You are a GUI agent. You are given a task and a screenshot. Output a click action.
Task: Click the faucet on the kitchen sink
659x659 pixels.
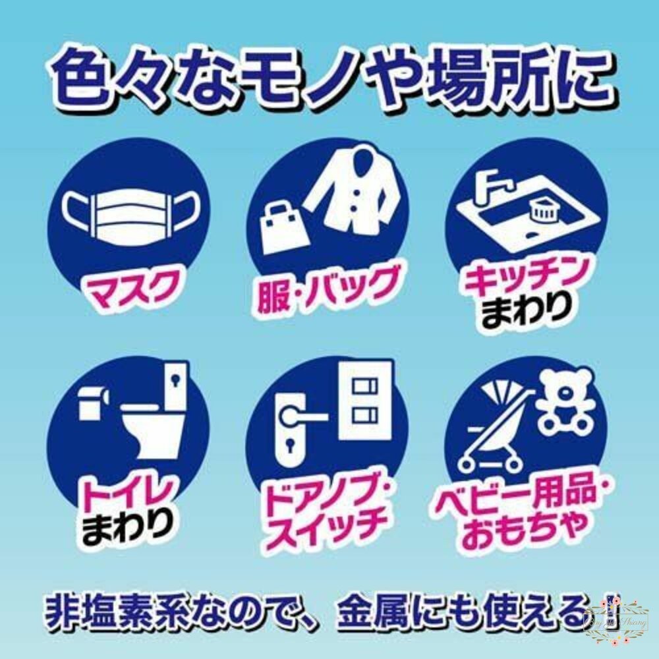488,181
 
